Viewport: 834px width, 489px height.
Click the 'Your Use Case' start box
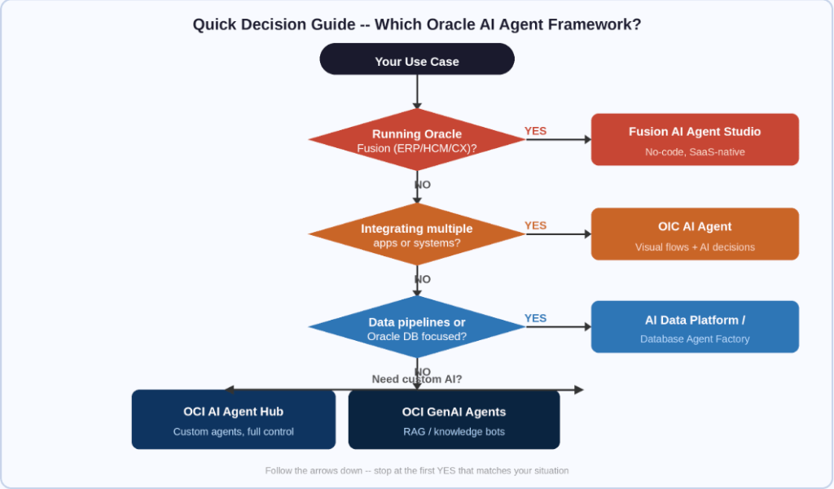tap(417, 60)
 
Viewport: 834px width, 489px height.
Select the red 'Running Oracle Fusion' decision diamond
tap(417, 140)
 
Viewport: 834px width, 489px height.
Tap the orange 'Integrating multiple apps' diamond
tap(417, 234)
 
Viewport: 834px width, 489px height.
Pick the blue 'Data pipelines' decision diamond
tap(417, 328)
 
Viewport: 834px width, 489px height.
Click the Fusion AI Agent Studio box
tap(695, 140)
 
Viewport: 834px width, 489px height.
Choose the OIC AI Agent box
tap(695, 234)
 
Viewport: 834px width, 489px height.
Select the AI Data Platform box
tap(695, 327)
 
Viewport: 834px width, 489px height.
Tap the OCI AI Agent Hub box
tap(234, 420)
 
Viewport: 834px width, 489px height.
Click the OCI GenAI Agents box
tap(454, 420)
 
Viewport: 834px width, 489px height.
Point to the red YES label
tap(535, 131)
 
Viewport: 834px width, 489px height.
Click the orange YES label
tap(535, 225)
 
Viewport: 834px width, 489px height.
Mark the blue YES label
tap(535, 318)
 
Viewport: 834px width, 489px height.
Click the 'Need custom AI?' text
tap(417, 379)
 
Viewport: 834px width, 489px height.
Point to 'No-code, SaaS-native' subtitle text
tap(695, 152)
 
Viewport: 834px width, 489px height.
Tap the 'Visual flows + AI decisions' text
tap(695, 247)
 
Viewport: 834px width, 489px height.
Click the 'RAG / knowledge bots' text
tap(454, 432)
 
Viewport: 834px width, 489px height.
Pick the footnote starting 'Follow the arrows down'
tap(417, 470)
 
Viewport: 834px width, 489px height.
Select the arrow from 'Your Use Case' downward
tap(417, 91)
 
